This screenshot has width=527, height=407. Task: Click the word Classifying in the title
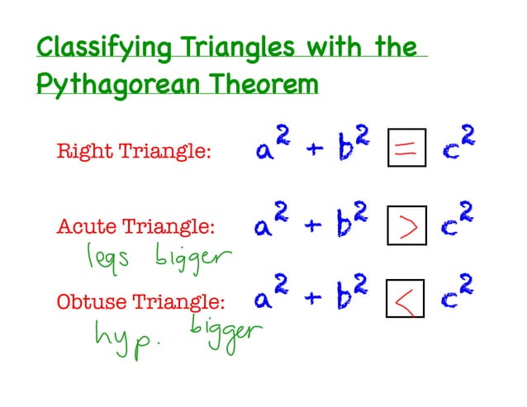[91, 47]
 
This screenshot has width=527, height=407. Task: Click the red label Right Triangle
[134, 152]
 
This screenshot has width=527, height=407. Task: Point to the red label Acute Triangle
[135, 226]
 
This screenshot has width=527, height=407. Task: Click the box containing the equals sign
[406, 151]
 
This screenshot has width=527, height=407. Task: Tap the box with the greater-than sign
[406, 225]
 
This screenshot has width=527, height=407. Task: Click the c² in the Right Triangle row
[460, 149]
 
